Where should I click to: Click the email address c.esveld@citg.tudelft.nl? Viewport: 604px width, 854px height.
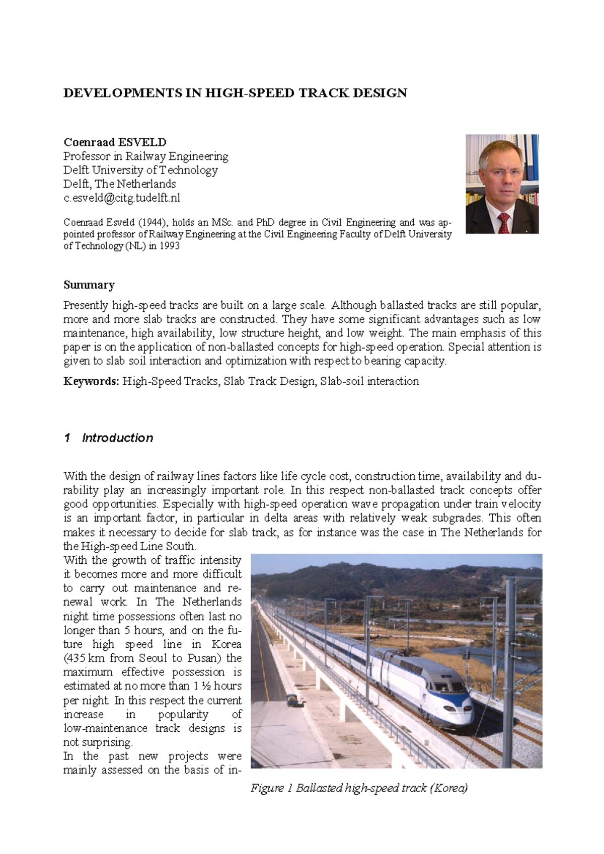(121, 198)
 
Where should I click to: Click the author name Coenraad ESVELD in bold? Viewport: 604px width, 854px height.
(115, 142)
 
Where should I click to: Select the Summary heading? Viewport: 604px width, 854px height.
(89, 285)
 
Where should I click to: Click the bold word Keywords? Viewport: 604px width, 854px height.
(91, 381)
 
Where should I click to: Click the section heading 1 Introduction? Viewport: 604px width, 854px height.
(109, 438)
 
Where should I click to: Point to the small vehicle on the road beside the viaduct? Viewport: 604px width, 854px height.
(290, 699)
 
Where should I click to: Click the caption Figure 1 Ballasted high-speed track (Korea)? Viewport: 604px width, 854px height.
(359, 788)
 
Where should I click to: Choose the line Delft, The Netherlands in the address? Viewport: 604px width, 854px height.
(119, 184)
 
